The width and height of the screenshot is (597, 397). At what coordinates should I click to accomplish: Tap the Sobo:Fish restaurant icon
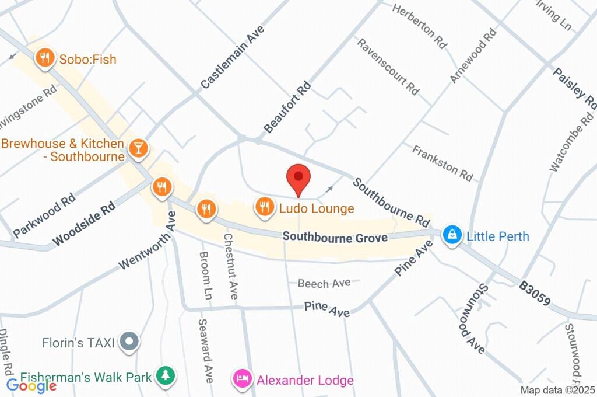coord(44,58)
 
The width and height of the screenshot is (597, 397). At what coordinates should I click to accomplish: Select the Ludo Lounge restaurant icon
coord(265,207)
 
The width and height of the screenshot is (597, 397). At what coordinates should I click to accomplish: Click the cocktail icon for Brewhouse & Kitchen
coord(138,148)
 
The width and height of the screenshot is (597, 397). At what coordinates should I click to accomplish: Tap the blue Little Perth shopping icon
coord(451,236)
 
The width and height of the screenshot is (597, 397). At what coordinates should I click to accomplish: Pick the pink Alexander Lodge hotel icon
coord(241,380)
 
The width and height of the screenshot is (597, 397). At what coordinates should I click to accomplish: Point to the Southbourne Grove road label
coord(335,238)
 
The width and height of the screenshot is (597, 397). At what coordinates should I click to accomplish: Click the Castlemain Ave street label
coord(233,57)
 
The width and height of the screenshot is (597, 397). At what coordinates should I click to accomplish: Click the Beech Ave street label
coord(324,283)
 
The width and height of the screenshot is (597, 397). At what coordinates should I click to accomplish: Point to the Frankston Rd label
coord(443,163)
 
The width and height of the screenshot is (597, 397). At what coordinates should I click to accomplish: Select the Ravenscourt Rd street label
coord(388,67)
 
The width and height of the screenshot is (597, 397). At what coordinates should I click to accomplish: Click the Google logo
coord(31,385)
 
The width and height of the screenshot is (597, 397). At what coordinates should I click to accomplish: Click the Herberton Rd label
coord(420,26)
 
